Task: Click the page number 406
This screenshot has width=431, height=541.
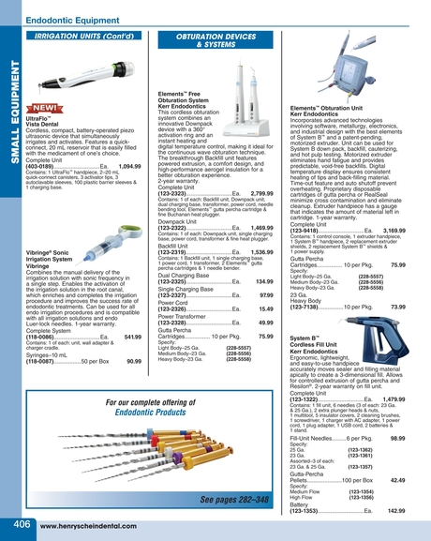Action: [16, 522]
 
